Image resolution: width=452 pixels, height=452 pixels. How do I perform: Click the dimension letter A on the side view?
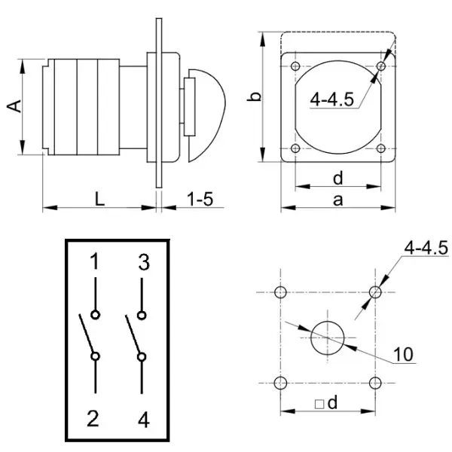click(13, 108)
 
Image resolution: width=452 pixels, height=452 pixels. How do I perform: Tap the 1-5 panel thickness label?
click(200, 198)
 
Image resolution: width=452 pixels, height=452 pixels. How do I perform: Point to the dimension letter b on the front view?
click(255, 96)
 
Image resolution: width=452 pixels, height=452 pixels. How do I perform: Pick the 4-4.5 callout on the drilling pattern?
click(426, 247)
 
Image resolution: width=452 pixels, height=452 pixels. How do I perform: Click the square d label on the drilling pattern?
click(325, 404)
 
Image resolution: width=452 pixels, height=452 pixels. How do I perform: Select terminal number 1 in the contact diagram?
click(95, 262)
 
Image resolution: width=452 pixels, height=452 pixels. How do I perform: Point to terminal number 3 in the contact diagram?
click(143, 262)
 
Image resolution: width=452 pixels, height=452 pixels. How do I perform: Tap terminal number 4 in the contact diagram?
click(143, 420)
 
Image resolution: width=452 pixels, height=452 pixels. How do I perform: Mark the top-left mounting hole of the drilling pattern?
click(281, 292)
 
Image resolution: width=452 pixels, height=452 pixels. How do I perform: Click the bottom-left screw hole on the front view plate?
click(295, 148)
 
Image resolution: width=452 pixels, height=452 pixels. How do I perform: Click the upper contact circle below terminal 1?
click(95, 315)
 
